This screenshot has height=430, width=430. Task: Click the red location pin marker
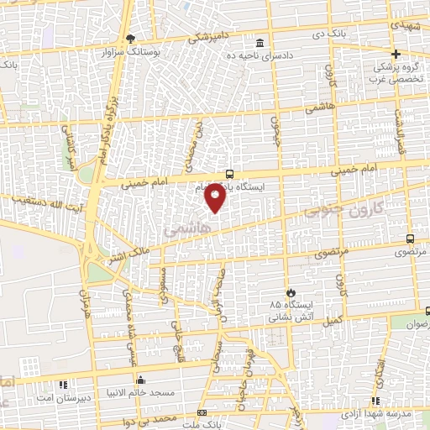click(x=216, y=196)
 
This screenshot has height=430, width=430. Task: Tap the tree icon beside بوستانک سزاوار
click(x=129, y=38)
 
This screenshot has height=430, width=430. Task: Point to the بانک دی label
click(x=346, y=34)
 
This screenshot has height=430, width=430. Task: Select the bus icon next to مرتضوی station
click(x=410, y=239)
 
